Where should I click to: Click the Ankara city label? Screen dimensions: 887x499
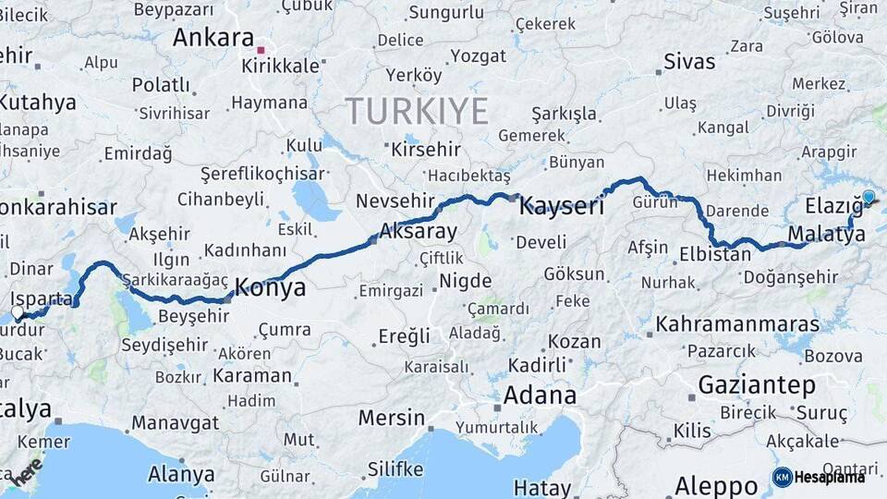pyautogui.click(x=213, y=38)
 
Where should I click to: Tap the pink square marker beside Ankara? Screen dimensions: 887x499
pyautogui.click(x=261, y=51)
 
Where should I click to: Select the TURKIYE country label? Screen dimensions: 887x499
pyautogui.click(x=417, y=111)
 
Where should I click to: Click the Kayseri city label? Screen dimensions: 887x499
pyautogui.click(x=561, y=205)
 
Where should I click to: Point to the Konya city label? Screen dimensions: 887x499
pyautogui.click(x=270, y=287)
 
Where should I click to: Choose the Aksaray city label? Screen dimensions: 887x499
pyautogui.click(x=419, y=231)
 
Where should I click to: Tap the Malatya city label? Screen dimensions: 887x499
pyautogui.click(x=827, y=234)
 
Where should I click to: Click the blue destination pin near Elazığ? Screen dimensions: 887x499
pyautogui.click(x=868, y=197)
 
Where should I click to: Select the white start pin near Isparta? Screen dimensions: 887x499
pyautogui.click(x=18, y=313)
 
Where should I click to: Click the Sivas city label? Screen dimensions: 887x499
pyautogui.click(x=689, y=62)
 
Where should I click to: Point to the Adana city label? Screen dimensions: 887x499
pyautogui.click(x=540, y=396)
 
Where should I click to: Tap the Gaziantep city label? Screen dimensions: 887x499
pyautogui.click(x=757, y=383)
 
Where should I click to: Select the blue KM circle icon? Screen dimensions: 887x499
pyautogui.click(x=782, y=477)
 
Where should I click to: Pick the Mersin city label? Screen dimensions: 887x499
pyautogui.click(x=391, y=418)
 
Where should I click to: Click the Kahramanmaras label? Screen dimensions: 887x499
pyautogui.click(x=737, y=324)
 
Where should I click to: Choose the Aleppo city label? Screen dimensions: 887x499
pyautogui.click(x=716, y=485)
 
